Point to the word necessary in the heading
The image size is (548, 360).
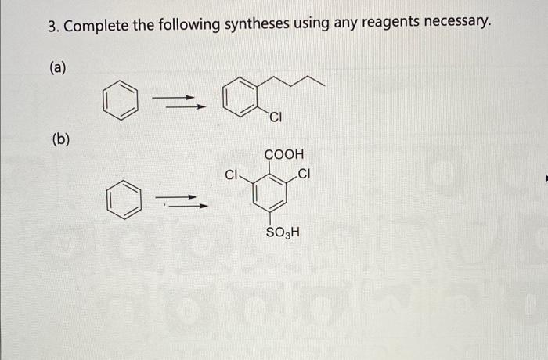tap(456, 27)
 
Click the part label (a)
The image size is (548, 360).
tap(58, 68)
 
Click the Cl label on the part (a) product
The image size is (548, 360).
tap(275, 119)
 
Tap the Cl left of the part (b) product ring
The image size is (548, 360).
tap(232, 175)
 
